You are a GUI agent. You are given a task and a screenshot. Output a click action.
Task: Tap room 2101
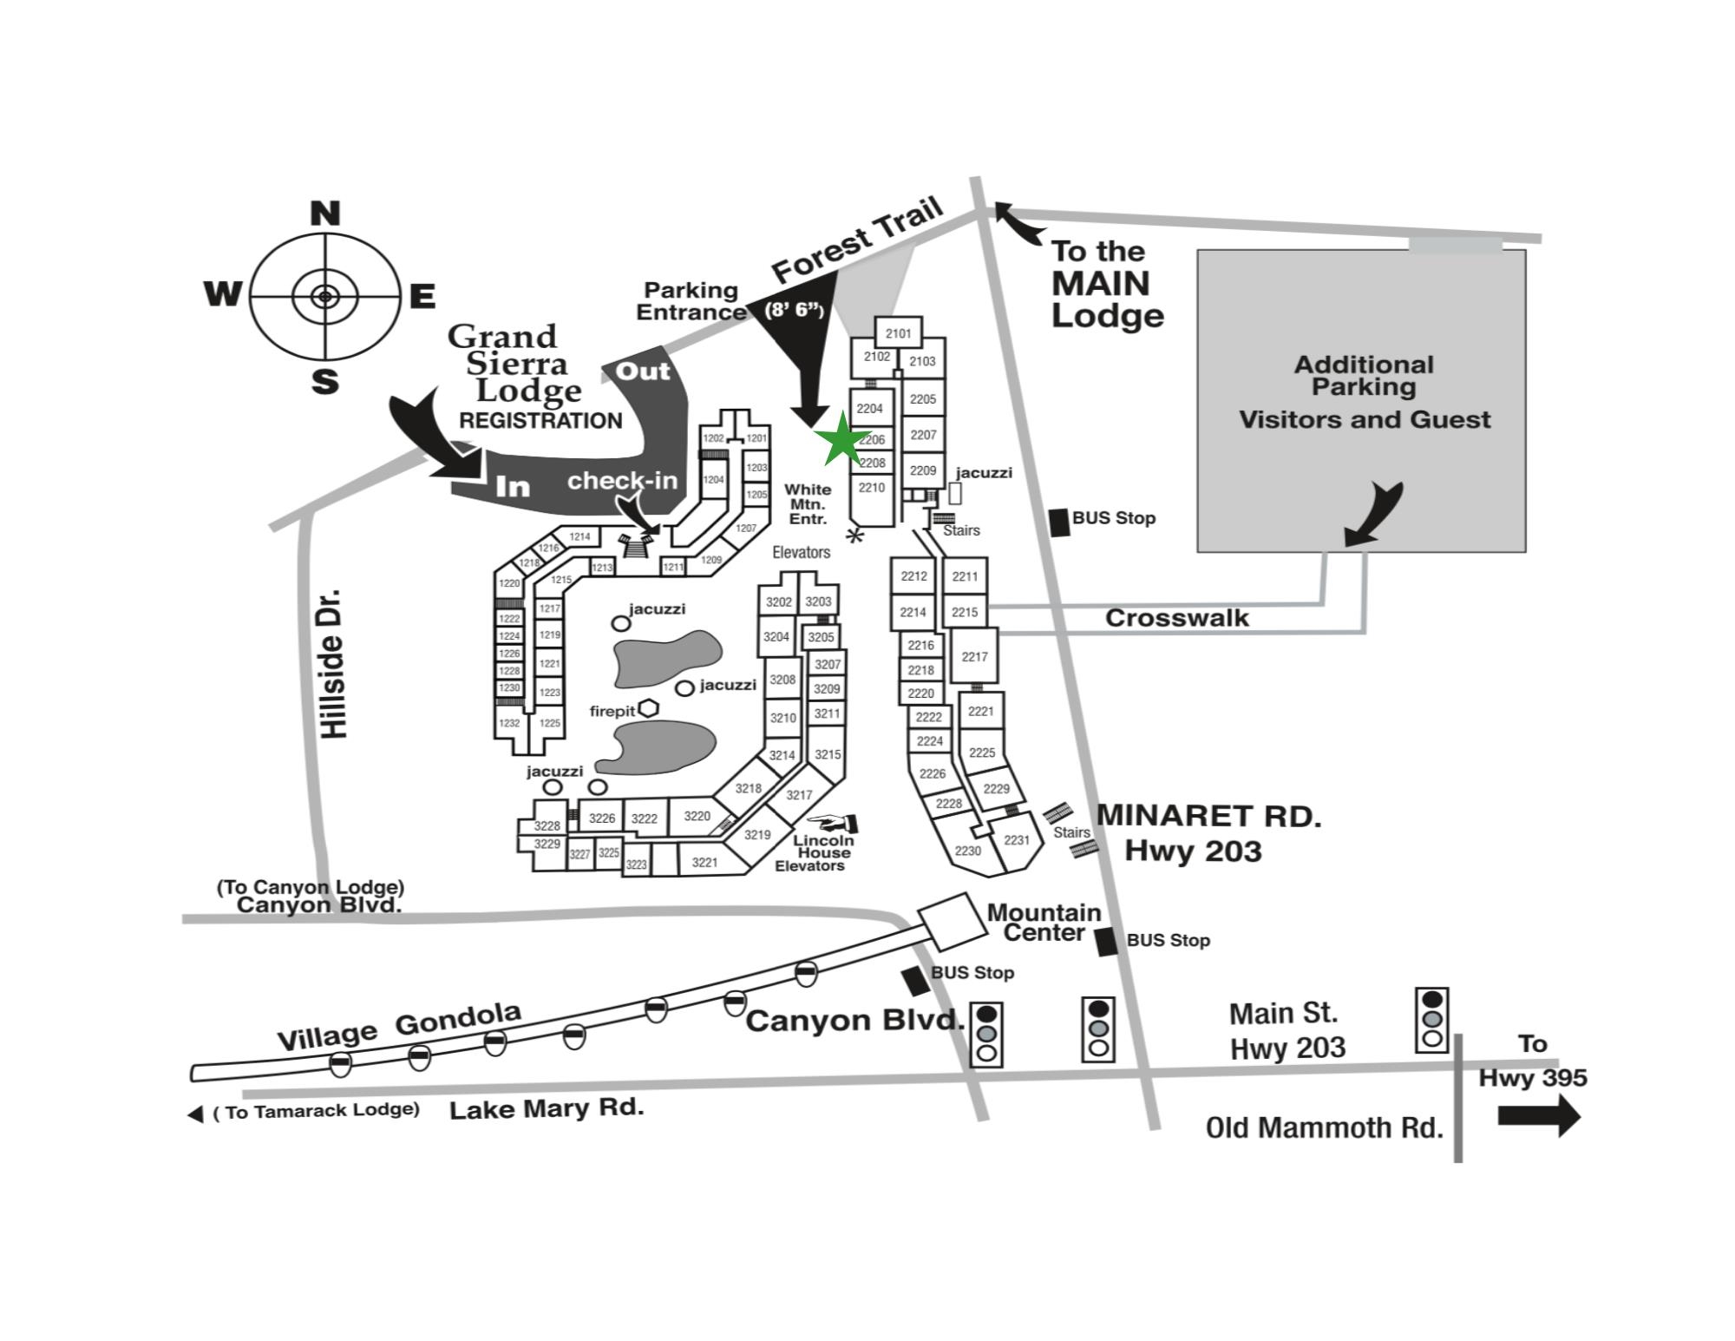(898, 333)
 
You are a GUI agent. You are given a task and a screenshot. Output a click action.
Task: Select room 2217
(974, 656)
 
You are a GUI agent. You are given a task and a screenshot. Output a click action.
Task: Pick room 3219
(757, 834)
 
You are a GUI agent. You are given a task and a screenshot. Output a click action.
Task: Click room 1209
(711, 560)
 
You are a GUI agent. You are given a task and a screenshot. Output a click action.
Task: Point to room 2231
(1016, 839)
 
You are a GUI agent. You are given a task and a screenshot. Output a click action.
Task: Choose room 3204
(776, 636)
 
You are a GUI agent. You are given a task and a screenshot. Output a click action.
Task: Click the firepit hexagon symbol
(648, 708)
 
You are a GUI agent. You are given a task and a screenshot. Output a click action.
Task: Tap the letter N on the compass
(325, 214)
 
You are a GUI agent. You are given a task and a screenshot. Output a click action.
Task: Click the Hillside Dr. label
(334, 664)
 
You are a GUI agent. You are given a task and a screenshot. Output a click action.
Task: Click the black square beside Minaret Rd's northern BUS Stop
(1059, 522)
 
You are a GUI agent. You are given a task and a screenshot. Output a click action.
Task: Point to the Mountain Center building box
(953, 922)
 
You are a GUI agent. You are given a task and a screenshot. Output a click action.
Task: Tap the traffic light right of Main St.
(1431, 1020)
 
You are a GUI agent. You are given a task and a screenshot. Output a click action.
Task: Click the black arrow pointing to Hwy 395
(1539, 1115)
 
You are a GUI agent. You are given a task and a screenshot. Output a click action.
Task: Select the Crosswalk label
(1176, 618)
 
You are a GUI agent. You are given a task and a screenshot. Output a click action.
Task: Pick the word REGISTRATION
(540, 421)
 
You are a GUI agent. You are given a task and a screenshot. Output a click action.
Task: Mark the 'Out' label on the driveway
(642, 371)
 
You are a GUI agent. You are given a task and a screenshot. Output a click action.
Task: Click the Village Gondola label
(399, 1026)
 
